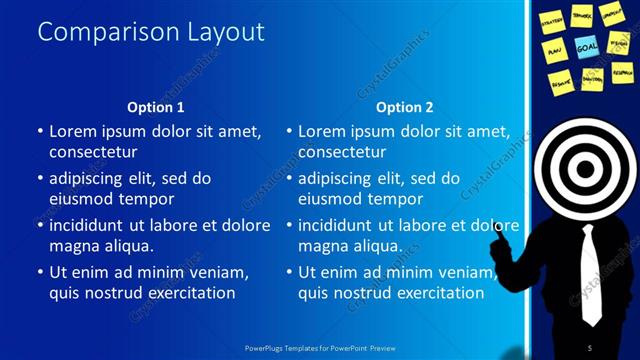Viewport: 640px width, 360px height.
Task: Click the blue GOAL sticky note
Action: pos(587,46)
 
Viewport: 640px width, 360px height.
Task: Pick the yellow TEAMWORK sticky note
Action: pos(582,15)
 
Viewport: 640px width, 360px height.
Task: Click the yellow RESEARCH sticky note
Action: pos(622,72)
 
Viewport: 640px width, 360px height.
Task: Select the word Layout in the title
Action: pos(226,32)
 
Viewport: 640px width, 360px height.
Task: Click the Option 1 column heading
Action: pos(156,107)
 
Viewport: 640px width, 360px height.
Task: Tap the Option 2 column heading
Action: pos(405,107)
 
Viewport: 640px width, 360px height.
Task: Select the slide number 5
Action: pos(589,346)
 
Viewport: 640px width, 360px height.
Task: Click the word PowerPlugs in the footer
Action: pos(266,347)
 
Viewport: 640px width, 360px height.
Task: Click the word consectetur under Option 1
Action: pos(93,152)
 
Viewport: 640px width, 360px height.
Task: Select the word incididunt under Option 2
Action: pos(343,225)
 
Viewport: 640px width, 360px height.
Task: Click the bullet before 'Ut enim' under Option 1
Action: pos(39,272)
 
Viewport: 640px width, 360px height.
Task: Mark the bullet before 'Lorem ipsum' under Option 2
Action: pos(288,131)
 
